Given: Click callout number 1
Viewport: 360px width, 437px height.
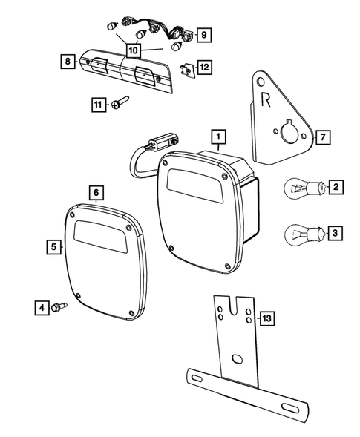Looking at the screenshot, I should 217,137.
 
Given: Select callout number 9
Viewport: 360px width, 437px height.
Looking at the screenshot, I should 204,34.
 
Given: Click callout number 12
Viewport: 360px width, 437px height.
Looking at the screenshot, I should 204,67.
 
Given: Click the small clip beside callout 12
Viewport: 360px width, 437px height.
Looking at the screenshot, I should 188,69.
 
